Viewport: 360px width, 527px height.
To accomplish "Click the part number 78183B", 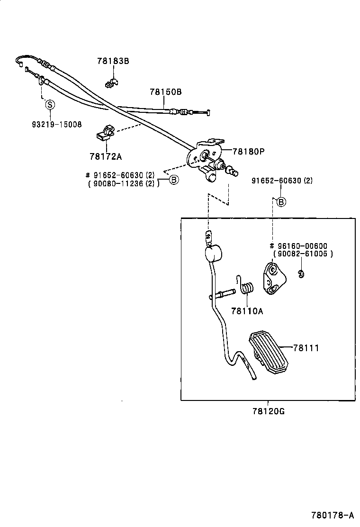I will point(113,61).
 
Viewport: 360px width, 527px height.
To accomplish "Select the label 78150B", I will point(165,92).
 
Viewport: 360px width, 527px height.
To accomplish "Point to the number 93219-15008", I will point(56,124).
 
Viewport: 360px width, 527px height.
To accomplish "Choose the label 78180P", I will point(248,152).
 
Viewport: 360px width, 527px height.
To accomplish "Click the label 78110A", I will point(247,311).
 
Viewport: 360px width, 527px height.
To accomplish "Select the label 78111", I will point(306,348).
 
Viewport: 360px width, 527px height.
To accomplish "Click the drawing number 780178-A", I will point(333,515).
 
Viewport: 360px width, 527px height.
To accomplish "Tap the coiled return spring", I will point(247,288).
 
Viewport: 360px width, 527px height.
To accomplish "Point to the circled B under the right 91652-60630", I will point(281,202).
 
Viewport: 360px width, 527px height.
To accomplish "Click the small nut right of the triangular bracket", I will point(301,273).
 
